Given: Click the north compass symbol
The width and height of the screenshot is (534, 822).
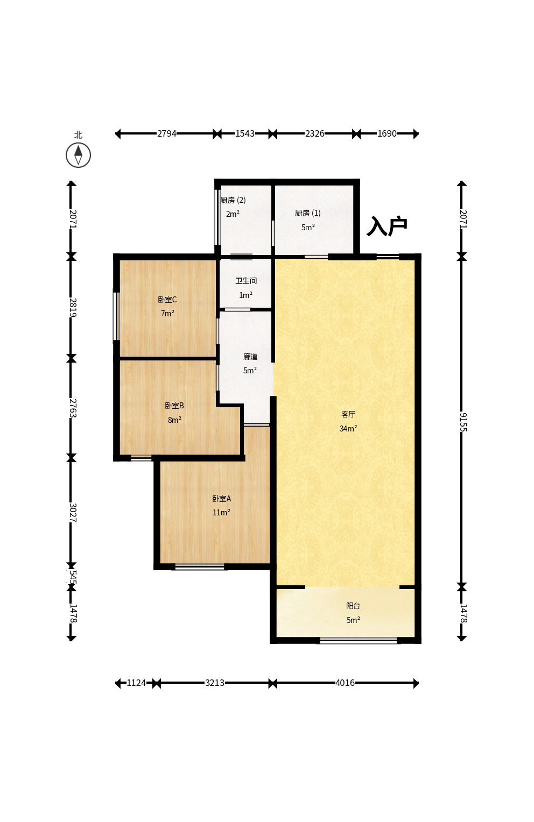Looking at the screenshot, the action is [78, 155].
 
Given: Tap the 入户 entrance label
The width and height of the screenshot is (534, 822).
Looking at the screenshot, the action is [387, 226].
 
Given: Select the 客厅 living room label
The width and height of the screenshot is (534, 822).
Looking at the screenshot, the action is [348, 414].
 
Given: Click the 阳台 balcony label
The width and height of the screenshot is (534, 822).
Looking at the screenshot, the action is [353, 606].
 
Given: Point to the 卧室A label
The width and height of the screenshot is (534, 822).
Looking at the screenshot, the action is [221, 499].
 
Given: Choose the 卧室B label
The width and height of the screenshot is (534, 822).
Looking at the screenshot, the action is [174, 406].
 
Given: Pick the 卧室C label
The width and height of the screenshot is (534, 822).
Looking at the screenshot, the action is [167, 300].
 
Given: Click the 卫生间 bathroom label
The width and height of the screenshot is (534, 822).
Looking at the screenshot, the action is [246, 281].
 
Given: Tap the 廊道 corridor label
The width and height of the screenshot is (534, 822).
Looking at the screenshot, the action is [250, 357].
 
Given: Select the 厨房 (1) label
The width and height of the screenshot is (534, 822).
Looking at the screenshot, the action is [308, 213].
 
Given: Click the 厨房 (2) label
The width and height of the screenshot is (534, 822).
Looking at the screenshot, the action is [233, 200].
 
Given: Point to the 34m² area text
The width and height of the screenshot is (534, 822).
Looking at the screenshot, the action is [348, 428].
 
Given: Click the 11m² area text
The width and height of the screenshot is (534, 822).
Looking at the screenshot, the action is [221, 513].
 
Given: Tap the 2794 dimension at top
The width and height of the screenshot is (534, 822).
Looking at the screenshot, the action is [167, 133].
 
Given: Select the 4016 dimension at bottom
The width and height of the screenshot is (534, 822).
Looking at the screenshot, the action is [345, 683].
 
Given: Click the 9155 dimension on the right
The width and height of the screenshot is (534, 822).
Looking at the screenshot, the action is [463, 422].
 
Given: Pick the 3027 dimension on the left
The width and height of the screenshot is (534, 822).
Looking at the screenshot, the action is [73, 513].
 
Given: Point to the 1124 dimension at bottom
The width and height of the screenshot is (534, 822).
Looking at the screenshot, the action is [136, 683].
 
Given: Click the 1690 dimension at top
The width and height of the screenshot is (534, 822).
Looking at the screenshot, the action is [387, 133].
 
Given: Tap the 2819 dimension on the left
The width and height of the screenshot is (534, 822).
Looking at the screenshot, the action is [73, 308].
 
